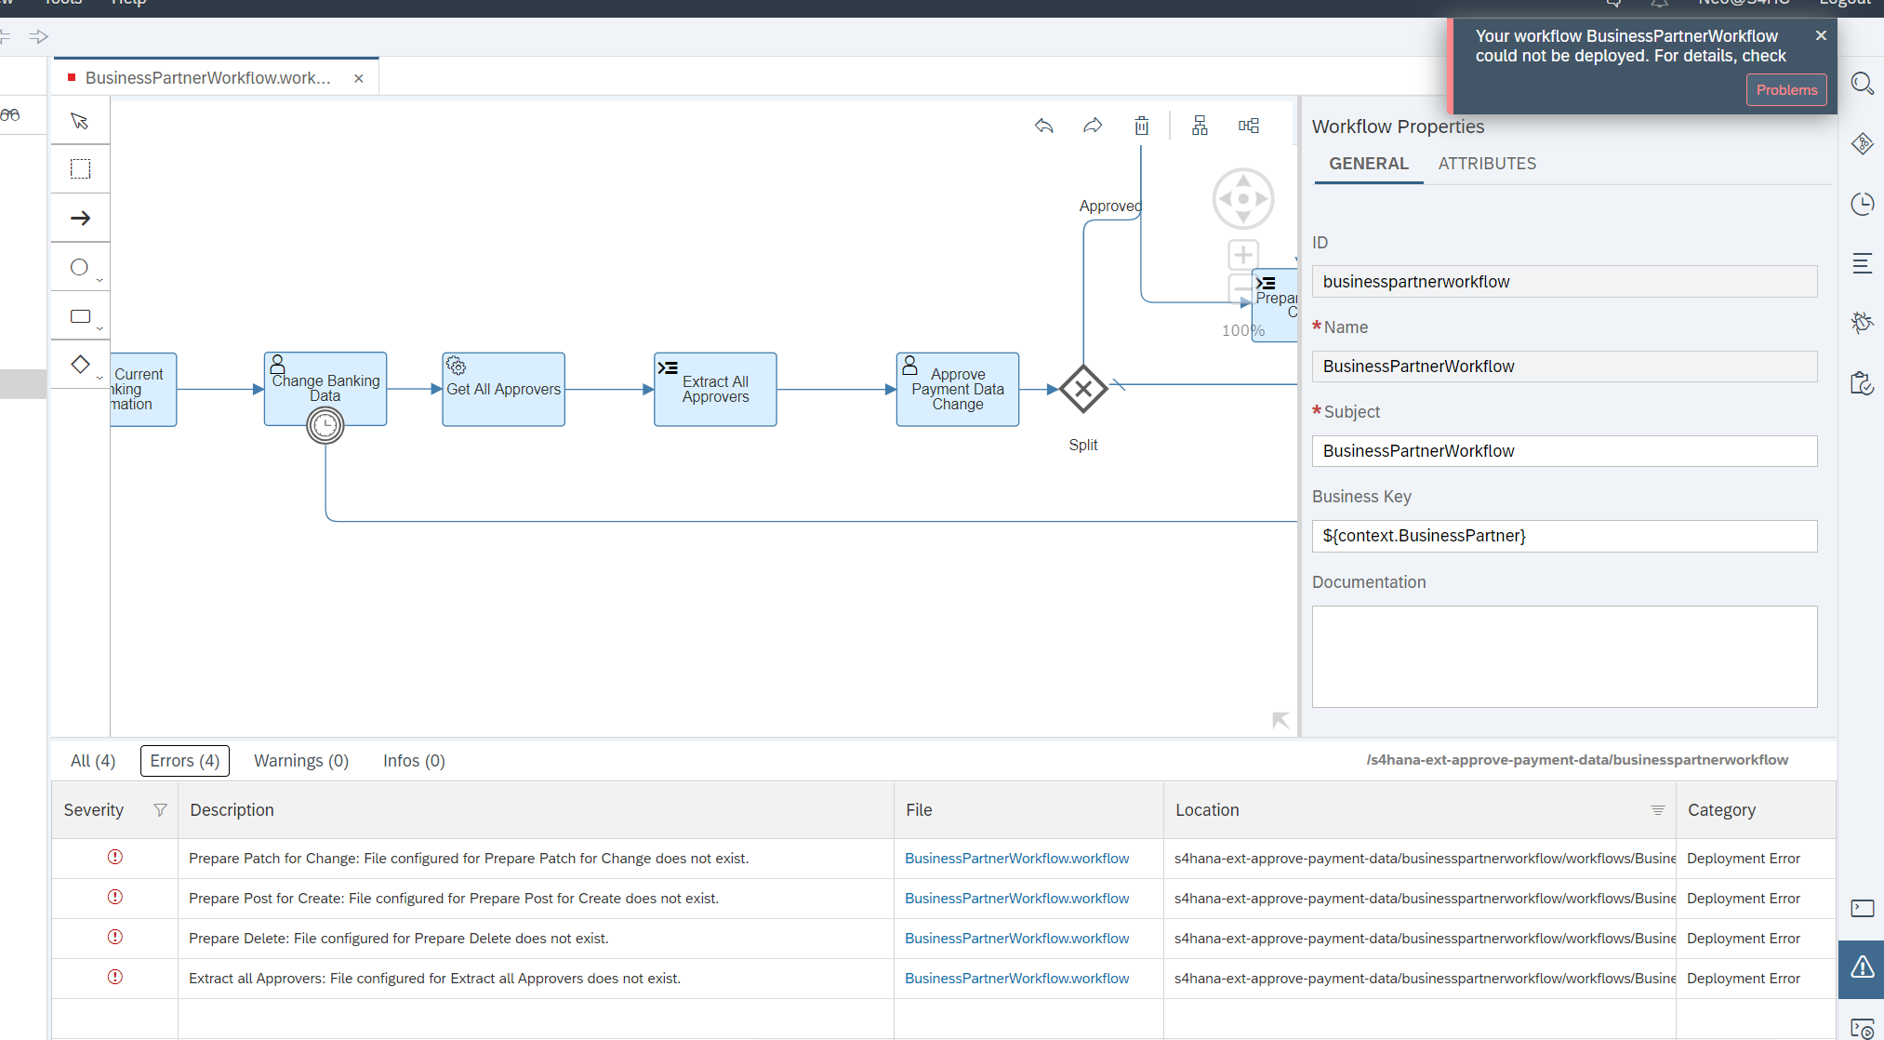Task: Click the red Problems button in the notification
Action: [1785, 90]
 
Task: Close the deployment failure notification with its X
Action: [1821, 35]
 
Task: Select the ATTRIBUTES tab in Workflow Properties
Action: [1487, 164]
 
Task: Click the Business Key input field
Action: [1564, 536]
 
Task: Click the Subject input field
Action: [1564, 451]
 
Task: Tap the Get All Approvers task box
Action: [503, 390]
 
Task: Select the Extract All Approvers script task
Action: [715, 390]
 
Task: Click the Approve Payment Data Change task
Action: [957, 390]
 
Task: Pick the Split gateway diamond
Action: [1083, 389]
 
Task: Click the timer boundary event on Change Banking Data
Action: [325, 426]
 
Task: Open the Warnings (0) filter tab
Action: [301, 761]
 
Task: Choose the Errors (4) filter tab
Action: [185, 761]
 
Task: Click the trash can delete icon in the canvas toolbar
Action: [1142, 126]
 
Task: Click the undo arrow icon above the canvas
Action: [1044, 126]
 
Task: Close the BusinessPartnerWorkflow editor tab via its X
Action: [359, 78]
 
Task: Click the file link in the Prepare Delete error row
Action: [1016, 939]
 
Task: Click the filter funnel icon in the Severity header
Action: [160, 810]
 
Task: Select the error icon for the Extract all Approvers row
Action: [115, 977]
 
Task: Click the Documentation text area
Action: [1564, 657]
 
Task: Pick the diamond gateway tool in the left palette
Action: [81, 364]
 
